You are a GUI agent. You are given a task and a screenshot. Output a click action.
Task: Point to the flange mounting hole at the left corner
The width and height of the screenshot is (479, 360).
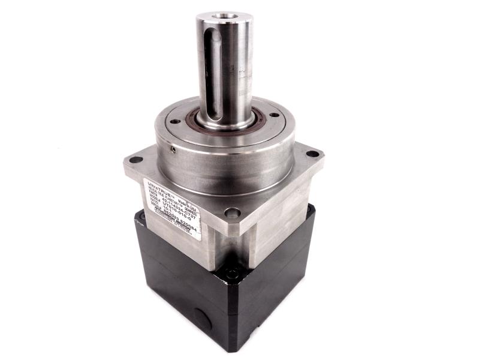137,160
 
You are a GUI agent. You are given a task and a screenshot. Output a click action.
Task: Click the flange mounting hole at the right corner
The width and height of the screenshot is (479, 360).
312,154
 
